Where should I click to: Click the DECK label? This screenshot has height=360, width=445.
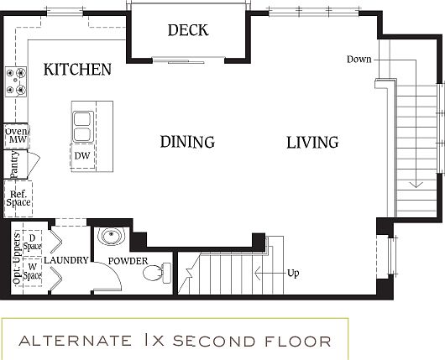click(x=187, y=31)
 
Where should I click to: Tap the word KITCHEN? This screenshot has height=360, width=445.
click(x=77, y=69)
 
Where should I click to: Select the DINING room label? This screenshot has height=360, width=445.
click(x=187, y=142)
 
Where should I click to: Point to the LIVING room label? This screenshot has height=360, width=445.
click(x=312, y=142)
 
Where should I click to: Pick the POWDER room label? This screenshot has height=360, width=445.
click(x=127, y=261)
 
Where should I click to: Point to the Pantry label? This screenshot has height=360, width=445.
click(x=14, y=164)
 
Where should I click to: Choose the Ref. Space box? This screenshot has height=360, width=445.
click(x=18, y=197)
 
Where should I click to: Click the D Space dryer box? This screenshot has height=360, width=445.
click(x=33, y=241)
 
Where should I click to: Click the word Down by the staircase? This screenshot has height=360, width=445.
click(x=359, y=59)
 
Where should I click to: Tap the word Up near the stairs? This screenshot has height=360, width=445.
click(x=293, y=273)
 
